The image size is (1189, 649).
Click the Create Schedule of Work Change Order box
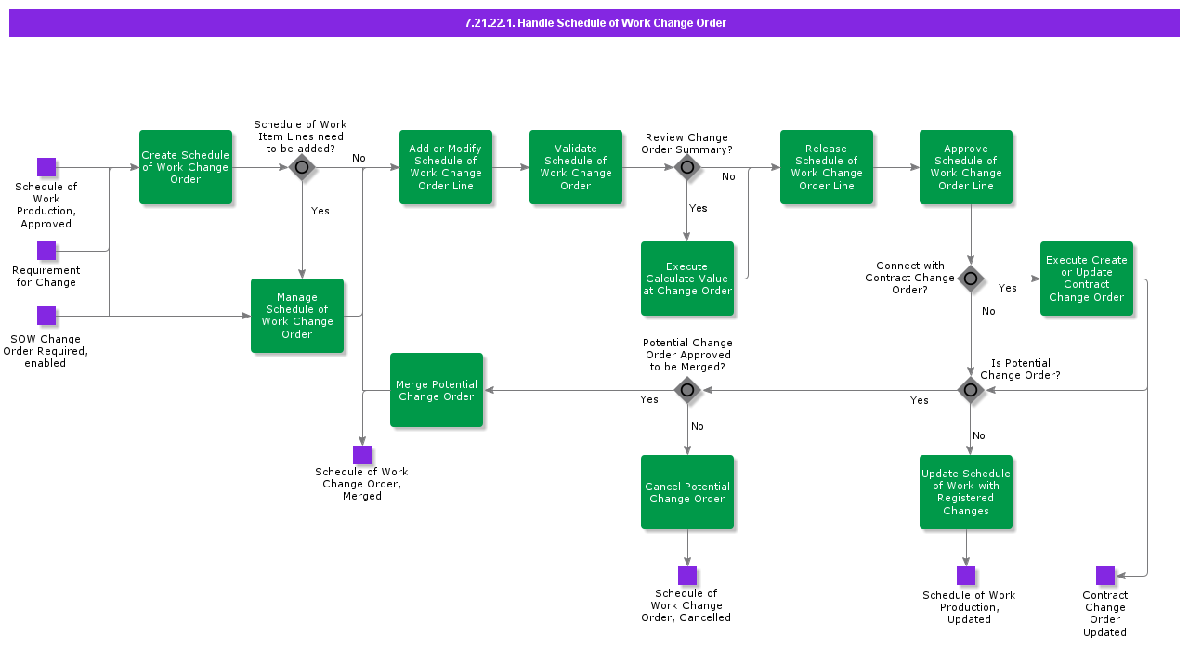click(186, 167)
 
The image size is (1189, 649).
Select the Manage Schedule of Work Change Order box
click(297, 316)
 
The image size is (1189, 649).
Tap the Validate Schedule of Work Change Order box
click(576, 167)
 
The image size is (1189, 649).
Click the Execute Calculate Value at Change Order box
click(687, 279)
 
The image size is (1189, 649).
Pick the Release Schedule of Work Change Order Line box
click(827, 167)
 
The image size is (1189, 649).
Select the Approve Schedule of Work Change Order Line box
click(966, 167)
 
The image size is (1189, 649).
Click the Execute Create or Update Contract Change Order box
click(1087, 279)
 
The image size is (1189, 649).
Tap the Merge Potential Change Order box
click(437, 390)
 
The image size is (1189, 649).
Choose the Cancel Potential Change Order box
click(687, 492)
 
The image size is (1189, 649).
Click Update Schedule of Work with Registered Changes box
click(966, 492)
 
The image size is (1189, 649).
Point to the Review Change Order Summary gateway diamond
click(687, 167)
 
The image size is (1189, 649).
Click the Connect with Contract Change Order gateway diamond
click(971, 279)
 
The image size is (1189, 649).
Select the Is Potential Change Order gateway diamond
click(971, 390)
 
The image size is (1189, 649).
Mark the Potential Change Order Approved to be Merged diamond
click(687, 390)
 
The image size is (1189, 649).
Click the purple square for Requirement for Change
click(46, 251)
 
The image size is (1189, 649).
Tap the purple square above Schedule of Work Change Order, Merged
click(362, 455)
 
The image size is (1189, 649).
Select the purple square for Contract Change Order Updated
click(1105, 576)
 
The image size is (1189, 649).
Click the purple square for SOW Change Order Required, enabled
click(46, 316)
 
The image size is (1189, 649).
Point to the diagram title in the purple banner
click(594, 23)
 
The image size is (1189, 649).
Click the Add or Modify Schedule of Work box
click(446, 167)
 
